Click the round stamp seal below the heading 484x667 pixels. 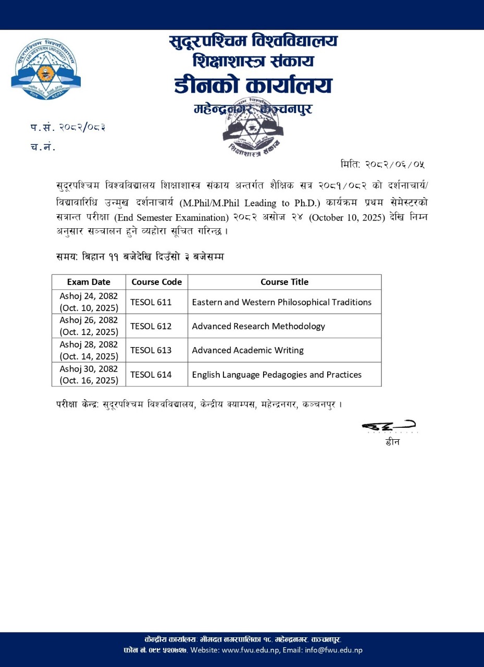(x=253, y=125)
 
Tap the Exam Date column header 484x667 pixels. (x=89, y=282)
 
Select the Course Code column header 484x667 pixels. (x=156, y=282)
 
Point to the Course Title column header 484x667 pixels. (x=284, y=282)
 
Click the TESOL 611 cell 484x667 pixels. (x=151, y=302)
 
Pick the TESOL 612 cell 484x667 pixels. (x=151, y=326)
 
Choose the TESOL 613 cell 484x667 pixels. (x=151, y=350)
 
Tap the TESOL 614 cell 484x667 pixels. (x=151, y=374)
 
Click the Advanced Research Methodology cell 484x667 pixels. (x=258, y=326)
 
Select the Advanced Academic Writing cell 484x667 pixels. (x=247, y=350)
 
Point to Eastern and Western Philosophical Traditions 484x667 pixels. (x=281, y=302)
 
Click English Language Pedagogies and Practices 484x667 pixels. (x=277, y=374)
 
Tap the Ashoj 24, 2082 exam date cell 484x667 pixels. (x=89, y=302)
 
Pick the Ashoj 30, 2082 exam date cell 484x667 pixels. (x=89, y=374)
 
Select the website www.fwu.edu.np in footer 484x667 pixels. (x=251, y=650)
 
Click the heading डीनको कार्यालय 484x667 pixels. (x=253, y=85)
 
